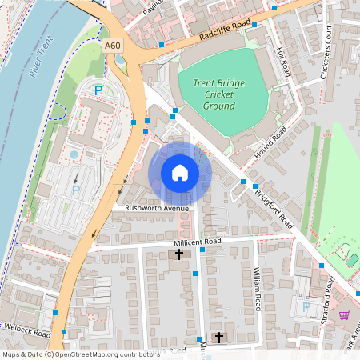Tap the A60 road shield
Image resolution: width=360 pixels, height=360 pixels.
(x=114, y=47)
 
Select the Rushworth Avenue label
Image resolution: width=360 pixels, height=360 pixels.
(x=156, y=208)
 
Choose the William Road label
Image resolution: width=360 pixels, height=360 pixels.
(x=258, y=289)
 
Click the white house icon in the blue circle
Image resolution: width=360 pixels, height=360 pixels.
(x=180, y=173)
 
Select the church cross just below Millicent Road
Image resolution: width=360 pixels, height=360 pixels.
(x=179, y=254)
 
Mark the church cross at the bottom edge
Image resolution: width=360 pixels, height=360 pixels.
(x=219, y=338)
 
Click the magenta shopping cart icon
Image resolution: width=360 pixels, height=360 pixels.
(x=344, y=315)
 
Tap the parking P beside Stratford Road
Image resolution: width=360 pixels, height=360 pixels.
(x=306, y=306)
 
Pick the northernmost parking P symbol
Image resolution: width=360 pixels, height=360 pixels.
(x=99, y=90)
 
